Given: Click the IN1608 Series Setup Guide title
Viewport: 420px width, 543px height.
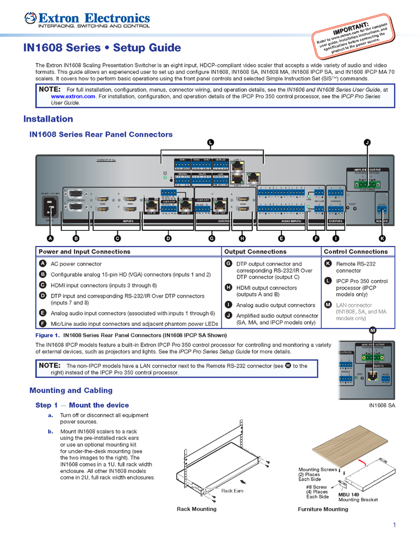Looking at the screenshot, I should point(102,48).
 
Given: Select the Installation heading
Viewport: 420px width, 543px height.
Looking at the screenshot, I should point(48,119).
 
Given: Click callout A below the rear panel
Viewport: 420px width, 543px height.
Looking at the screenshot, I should point(50,238).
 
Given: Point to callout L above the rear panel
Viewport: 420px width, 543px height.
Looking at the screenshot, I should point(210,142).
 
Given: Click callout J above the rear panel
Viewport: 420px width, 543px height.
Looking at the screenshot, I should point(367,142).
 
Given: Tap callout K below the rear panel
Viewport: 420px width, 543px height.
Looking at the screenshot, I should point(382,238).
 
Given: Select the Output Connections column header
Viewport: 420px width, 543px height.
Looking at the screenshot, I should point(255,251).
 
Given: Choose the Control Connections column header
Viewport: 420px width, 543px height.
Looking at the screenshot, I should point(356,251).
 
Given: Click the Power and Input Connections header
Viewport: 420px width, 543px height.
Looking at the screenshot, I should point(84,251).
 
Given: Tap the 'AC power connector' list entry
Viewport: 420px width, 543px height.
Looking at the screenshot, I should point(73,264).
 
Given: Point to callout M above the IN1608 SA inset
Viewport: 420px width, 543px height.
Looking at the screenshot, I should point(373,331).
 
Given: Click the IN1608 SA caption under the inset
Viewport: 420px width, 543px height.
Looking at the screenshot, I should point(382,405).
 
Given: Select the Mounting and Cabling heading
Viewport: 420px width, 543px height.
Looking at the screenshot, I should point(71,390).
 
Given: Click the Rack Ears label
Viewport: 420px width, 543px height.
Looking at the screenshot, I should point(233,490).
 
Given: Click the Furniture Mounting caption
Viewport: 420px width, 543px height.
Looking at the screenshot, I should point(323,509).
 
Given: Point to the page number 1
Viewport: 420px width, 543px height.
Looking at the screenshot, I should point(394,525).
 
